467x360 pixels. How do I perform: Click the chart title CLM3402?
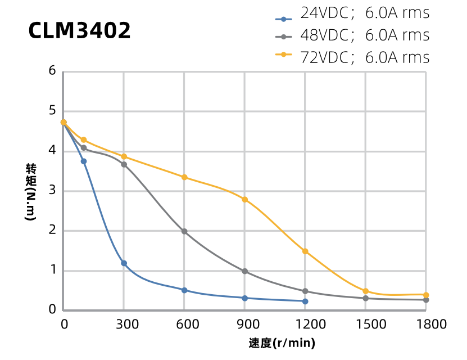80,31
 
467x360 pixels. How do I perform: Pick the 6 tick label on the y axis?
52,71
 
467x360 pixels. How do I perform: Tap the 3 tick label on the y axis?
52,191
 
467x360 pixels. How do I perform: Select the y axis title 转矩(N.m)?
31,191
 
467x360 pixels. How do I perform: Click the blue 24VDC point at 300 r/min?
124,263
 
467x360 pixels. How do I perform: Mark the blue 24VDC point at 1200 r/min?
305,301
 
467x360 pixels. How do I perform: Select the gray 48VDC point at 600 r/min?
184,231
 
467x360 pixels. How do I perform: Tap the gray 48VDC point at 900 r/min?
245,271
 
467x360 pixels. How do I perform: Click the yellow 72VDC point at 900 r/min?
245,200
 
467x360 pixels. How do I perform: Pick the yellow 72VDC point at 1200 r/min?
305,251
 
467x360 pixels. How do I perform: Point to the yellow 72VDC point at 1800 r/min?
426,295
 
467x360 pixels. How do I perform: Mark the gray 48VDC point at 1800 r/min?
426,300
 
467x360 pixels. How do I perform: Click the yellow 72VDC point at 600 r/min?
184,177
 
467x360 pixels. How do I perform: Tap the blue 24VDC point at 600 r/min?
184,290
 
